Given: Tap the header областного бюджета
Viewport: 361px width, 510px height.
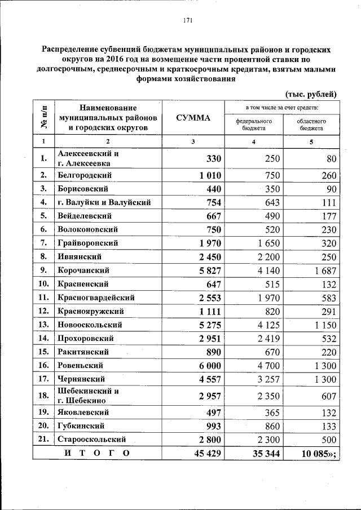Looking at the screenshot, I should (x=311, y=125).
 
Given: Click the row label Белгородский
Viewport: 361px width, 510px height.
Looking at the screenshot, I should (x=85, y=175).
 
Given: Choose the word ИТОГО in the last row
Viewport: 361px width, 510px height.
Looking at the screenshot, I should (x=96, y=453).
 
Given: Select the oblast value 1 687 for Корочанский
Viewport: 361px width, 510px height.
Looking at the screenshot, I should (x=323, y=270).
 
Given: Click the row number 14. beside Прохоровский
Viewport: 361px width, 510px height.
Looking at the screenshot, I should (x=44, y=338).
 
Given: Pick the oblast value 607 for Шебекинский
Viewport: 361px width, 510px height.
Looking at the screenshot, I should (x=327, y=396).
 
